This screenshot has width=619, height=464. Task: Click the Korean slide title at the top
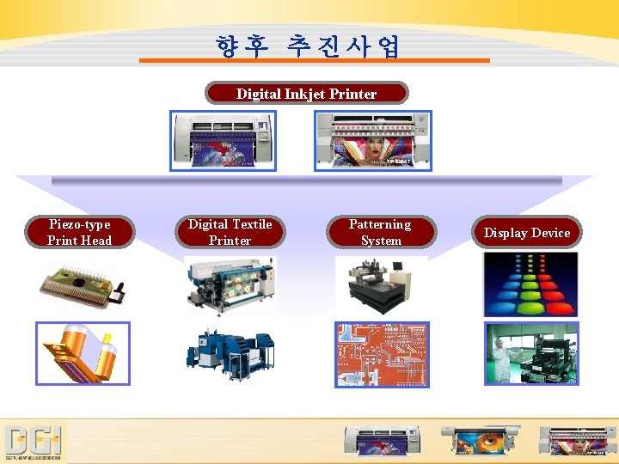tap(308, 45)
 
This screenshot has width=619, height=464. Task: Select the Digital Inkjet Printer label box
tap(306, 93)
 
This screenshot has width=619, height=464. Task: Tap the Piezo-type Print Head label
tap(80, 232)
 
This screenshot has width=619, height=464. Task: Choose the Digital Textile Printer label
tap(230, 232)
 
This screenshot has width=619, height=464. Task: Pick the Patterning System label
tap(380, 232)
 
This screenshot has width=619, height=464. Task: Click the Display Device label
tap(527, 232)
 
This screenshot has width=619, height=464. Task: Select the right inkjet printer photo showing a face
tap(373, 140)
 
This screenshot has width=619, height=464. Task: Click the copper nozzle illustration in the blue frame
tap(83, 353)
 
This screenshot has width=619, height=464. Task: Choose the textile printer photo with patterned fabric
tap(230, 284)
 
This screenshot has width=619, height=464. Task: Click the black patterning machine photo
tap(380, 284)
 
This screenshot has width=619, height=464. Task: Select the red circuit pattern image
tap(381, 354)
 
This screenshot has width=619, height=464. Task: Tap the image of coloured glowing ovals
tap(530, 284)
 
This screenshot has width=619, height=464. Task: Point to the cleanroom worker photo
tap(531, 353)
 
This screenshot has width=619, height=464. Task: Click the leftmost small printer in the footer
tap(382, 440)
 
